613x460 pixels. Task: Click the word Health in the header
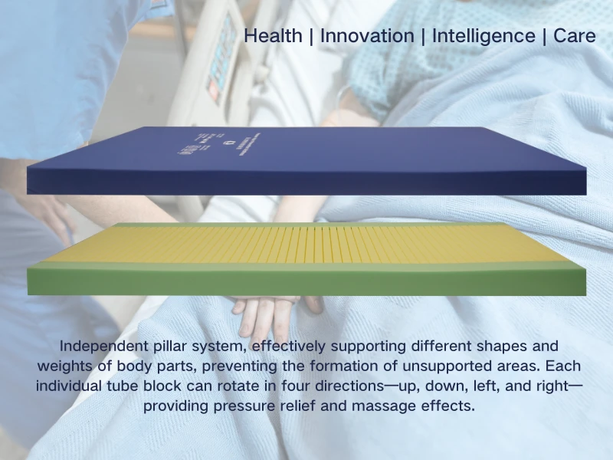pos(272,36)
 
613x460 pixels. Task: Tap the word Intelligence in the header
pos(483,36)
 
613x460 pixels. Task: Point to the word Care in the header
pos(574,36)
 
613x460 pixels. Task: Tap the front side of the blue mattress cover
pos(306,181)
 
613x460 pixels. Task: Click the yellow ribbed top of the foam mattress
pos(306,243)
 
